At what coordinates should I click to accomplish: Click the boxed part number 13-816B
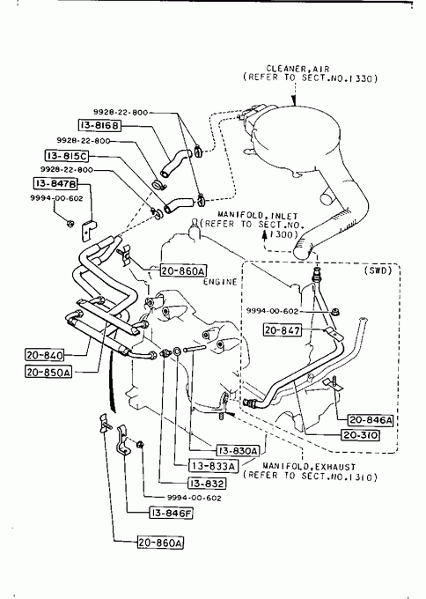coord(99,125)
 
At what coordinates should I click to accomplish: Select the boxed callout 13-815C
coord(67,156)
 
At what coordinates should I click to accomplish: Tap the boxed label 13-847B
coord(55,184)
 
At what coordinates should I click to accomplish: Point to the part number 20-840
coord(45,355)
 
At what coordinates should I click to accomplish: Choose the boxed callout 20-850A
coord(48,372)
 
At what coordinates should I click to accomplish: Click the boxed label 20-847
coord(282,329)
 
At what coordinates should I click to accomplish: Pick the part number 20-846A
coord(371,420)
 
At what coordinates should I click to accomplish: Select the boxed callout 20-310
coord(360,435)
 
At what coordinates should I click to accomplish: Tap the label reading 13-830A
coord(238,451)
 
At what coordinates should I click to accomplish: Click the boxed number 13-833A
coord(213,466)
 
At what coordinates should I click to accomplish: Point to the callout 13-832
coord(207,484)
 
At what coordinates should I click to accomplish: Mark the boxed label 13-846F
coord(171,513)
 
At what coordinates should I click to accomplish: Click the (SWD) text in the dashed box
coord(378,270)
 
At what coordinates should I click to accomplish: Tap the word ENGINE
coord(220,282)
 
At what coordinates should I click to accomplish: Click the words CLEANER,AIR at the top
coord(297,69)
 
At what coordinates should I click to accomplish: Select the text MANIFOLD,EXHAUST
coord(309,467)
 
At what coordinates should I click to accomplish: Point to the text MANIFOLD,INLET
coord(258,216)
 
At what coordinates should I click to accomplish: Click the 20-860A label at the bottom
coord(160,543)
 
